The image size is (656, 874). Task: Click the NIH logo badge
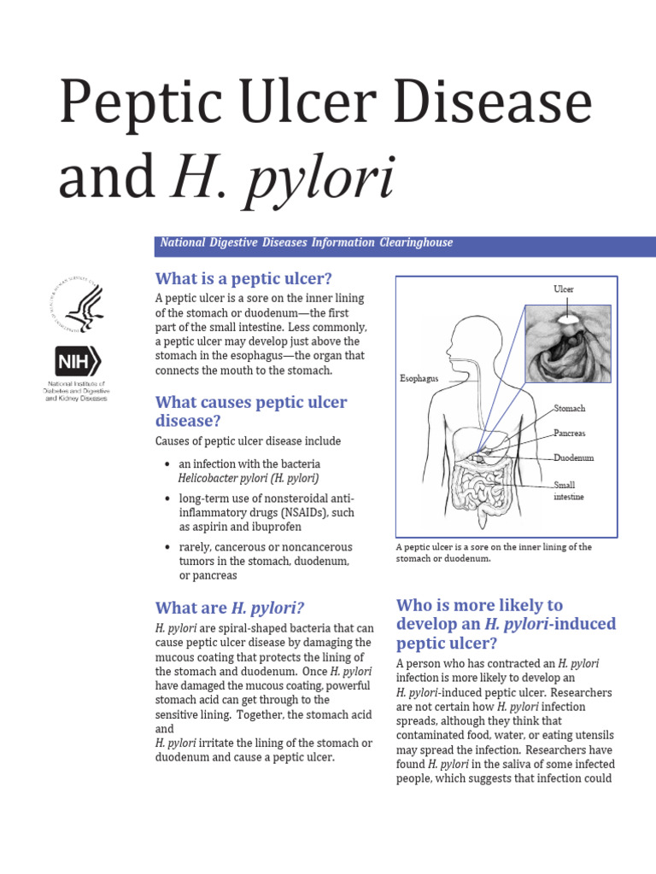click(x=78, y=362)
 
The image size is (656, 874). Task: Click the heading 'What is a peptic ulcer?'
click(x=243, y=278)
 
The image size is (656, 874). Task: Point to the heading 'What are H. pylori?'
click(x=230, y=608)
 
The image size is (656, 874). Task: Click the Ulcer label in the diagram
click(x=564, y=289)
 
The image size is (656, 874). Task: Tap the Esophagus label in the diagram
click(x=419, y=377)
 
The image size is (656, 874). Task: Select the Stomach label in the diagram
click(x=570, y=409)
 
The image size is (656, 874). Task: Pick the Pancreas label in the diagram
click(x=570, y=434)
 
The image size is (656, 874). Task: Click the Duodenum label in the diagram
click(x=573, y=457)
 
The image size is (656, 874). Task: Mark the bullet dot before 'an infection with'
click(x=167, y=464)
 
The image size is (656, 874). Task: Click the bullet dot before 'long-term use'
click(x=167, y=498)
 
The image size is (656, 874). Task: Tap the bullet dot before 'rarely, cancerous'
click(x=167, y=547)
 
